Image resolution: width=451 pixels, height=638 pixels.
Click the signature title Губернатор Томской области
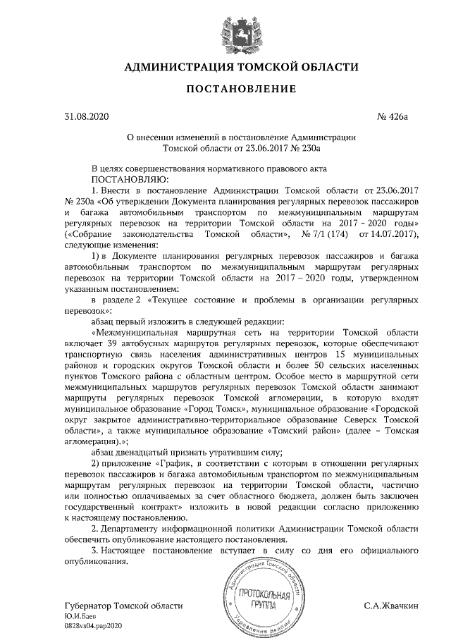pos(123,606)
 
